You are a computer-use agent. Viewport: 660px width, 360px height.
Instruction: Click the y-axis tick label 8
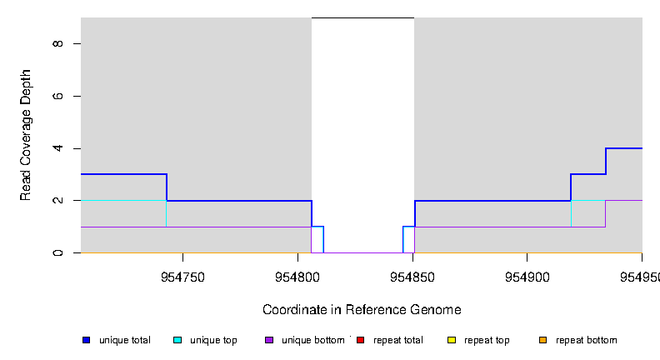click(x=56, y=43)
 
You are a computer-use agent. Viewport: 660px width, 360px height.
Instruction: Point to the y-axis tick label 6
click(x=56, y=96)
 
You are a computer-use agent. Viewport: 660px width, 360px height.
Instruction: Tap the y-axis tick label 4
click(x=56, y=148)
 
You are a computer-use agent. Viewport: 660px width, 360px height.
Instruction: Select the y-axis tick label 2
click(x=56, y=201)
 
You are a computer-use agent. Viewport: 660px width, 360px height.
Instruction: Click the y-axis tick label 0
click(x=56, y=252)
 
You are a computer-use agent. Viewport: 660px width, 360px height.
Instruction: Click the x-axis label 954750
click(x=182, y=277)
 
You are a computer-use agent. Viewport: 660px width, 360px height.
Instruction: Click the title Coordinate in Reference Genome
click(x=362, y=310)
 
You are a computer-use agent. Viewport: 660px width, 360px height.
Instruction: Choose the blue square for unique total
click(x=86, y=340)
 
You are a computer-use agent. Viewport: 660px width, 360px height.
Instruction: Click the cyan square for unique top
click(x=177, y=340)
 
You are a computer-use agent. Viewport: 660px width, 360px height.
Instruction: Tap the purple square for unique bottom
click(x=268, y=340)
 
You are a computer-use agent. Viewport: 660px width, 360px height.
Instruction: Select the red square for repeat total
click(x=360, y=340)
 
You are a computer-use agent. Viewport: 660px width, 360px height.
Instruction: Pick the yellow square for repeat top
click(x=451, y=340)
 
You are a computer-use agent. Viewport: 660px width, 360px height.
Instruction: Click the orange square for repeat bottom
click(x=542, y=340)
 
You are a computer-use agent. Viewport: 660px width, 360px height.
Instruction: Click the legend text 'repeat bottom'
click(x=586, y=340)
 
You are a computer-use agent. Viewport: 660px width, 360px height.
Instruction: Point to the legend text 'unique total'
click(x=124, y=340)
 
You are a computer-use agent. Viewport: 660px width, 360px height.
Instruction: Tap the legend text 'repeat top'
click(x=487, y=340)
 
